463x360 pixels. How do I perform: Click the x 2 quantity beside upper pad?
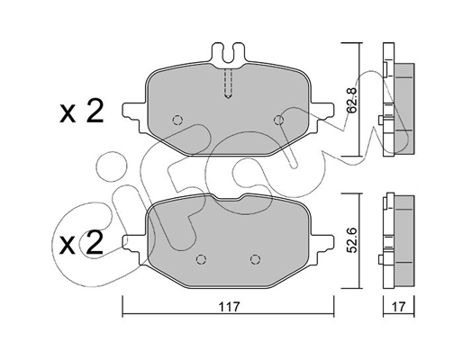pos(82,112)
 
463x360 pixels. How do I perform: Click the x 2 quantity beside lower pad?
pos(82,243)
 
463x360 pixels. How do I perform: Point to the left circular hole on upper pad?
pos(177,120)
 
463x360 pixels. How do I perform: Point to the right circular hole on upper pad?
pos(278,119)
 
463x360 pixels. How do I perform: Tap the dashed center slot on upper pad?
pos(229,85)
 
